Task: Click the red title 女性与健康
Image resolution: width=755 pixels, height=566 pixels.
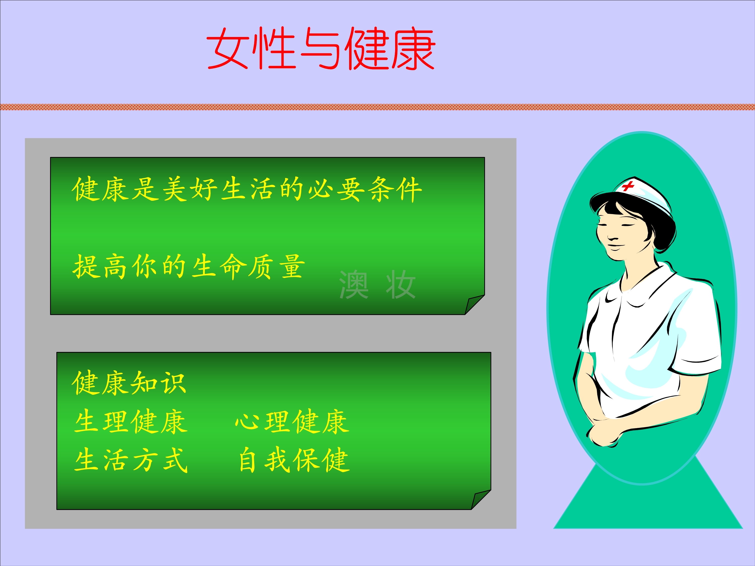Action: point(321,49)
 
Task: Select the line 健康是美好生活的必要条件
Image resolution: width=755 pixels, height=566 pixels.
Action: point(247,189)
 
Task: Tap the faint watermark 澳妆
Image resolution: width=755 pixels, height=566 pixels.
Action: point(377,285)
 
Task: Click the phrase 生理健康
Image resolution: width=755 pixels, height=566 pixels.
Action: point(131,422)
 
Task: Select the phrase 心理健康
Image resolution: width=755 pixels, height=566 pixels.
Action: point(292,422)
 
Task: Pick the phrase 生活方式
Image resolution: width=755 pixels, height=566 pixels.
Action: point(131,461)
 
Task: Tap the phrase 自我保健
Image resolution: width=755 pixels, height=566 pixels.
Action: point(294,461)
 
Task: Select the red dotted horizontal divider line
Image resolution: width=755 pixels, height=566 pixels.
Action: point(377,107)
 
